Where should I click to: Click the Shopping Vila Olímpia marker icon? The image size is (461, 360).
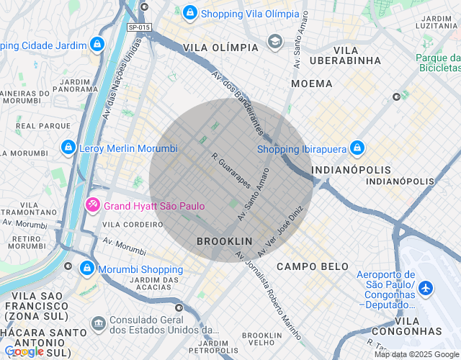(189, 12)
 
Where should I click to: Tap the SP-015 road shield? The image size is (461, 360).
(139, 27)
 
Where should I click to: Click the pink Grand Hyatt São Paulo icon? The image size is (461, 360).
(93, 205)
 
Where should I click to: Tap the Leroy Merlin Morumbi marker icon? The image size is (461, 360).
(68, 148)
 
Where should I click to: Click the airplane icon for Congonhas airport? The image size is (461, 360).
(426, 287)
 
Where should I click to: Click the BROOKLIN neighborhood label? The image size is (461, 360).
(225, 241)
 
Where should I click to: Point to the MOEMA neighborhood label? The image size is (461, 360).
(312, 84)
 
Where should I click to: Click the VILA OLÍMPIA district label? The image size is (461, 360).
(220, 47)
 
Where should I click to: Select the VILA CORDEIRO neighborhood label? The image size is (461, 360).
(137, 224)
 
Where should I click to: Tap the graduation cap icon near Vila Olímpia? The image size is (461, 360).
(274, 41)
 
